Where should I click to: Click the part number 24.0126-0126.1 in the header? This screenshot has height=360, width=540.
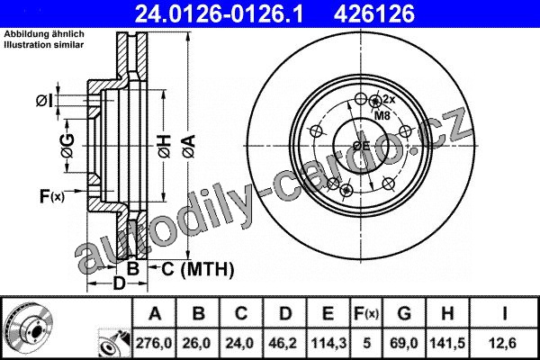(x=219, y=13)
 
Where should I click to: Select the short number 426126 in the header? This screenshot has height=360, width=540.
(x=374, y=13)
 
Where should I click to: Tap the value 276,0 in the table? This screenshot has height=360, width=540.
(x=154, y=343)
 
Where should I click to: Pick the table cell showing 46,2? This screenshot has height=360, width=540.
(x=284, y=343)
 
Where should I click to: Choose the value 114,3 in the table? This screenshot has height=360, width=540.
(x=328, y=343)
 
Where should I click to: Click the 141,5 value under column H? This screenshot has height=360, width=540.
(x=447, y=343)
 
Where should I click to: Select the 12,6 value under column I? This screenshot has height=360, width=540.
(x=504, y=343)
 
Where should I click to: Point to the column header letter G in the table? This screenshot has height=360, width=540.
(x=404, y=313)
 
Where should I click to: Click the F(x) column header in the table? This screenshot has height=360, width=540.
(x=366, y=313)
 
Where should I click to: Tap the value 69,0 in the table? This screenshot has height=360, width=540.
(x=404, y=343)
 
